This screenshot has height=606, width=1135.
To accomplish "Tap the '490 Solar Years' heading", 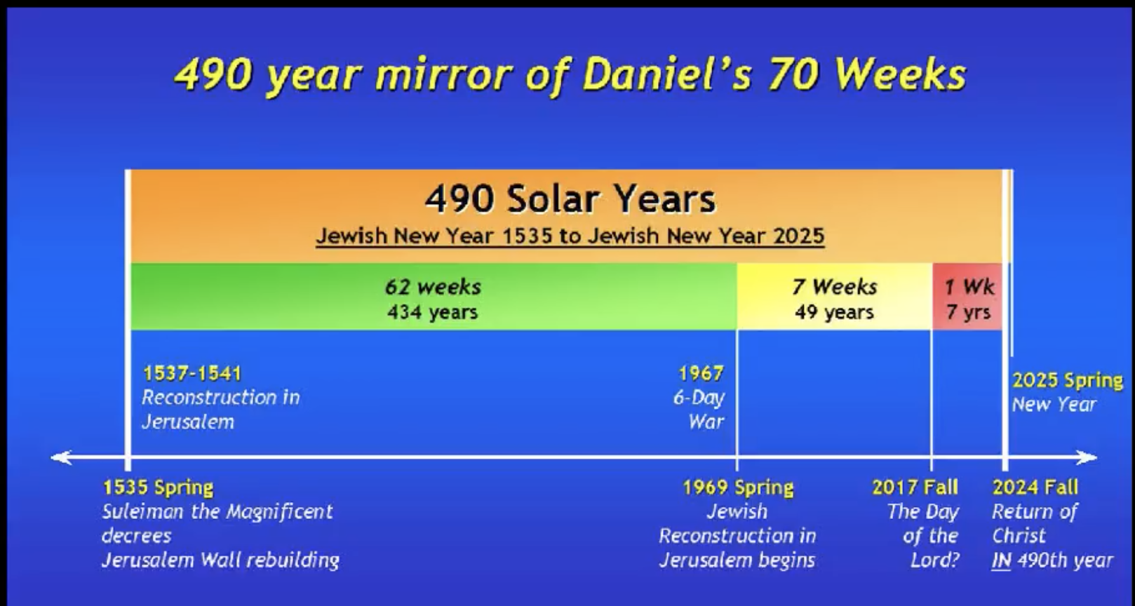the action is point(570,198).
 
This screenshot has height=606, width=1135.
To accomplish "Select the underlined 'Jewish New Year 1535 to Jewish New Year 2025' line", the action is point(570,236).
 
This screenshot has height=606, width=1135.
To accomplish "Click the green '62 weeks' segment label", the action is point(433,288).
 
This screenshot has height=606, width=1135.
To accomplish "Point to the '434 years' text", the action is point(432,312).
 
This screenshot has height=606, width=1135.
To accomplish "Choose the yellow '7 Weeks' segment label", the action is point(835,288).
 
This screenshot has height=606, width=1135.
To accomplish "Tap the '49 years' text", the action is point(834,312).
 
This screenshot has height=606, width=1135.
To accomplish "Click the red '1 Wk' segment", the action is point(968,297).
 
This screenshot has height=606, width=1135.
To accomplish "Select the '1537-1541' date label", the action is point(192,374).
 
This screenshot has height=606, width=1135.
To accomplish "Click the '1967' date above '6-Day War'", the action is point(701,374).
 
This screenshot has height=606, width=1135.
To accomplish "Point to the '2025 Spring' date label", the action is point(1068,381).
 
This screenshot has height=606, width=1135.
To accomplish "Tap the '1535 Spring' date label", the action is point(158,487).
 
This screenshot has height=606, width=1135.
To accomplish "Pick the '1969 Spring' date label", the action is point(738,487).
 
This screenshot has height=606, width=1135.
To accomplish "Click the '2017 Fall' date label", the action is point(915,487).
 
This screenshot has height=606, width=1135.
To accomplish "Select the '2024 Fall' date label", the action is point(1035,487).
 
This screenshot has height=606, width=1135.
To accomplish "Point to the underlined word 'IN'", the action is point(1001,560).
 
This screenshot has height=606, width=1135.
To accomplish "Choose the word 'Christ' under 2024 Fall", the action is point(1019,536).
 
